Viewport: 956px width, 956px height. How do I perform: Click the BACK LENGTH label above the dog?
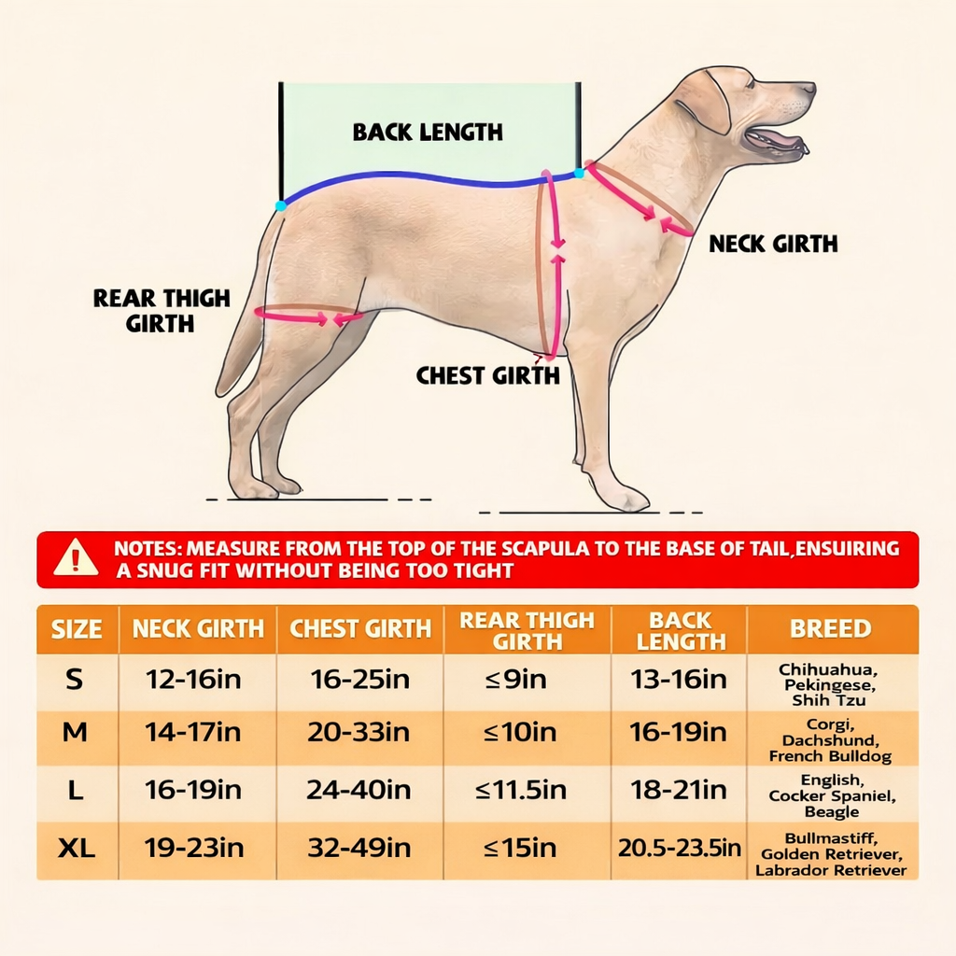(x=428, y=133)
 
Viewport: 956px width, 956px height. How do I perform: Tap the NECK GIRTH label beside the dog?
(x=773, y=245)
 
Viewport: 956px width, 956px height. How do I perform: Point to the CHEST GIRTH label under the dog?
(x=487, y=376)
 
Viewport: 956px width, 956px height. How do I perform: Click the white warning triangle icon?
(x=76, y=558)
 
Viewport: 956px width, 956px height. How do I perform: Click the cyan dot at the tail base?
(x=281, y=205)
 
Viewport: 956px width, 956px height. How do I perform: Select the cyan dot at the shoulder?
(x=579, y=173)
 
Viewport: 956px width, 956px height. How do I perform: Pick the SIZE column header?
(x=77, y=629)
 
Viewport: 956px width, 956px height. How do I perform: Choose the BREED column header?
(x=830, y=629)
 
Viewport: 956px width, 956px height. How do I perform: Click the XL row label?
(x=77, y=849)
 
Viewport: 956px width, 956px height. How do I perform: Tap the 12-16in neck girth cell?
(x=193, y=680)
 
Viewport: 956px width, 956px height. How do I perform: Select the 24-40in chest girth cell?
(x=358, y=791)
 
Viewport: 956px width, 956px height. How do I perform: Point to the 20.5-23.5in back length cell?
(x=679, y=849)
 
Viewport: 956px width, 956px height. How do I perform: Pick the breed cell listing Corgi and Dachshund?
(x=830, y=739)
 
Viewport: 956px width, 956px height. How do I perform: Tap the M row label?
(x=76, y=734)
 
